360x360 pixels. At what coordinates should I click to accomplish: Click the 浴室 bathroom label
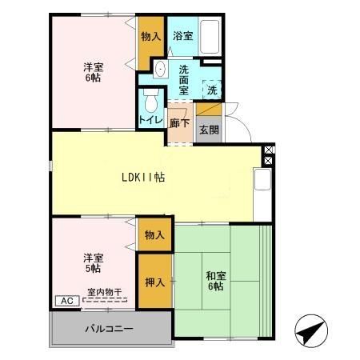[182, 36]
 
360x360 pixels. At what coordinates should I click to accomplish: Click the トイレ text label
[150, 120]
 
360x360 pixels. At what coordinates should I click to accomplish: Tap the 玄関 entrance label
[208, 130]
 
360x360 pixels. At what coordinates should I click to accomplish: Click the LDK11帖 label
[143, 178]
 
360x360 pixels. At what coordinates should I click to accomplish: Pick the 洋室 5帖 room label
[94, 263]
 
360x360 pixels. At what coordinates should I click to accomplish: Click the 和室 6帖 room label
[216, 282]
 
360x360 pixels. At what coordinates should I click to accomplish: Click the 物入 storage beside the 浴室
[150, 36]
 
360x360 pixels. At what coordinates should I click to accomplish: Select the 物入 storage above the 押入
[155, 235]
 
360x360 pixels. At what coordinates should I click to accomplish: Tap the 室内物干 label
[104, 292]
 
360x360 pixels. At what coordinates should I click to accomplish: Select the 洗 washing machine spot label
[211, 90]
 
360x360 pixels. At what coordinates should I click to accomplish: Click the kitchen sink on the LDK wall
[262, 181]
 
